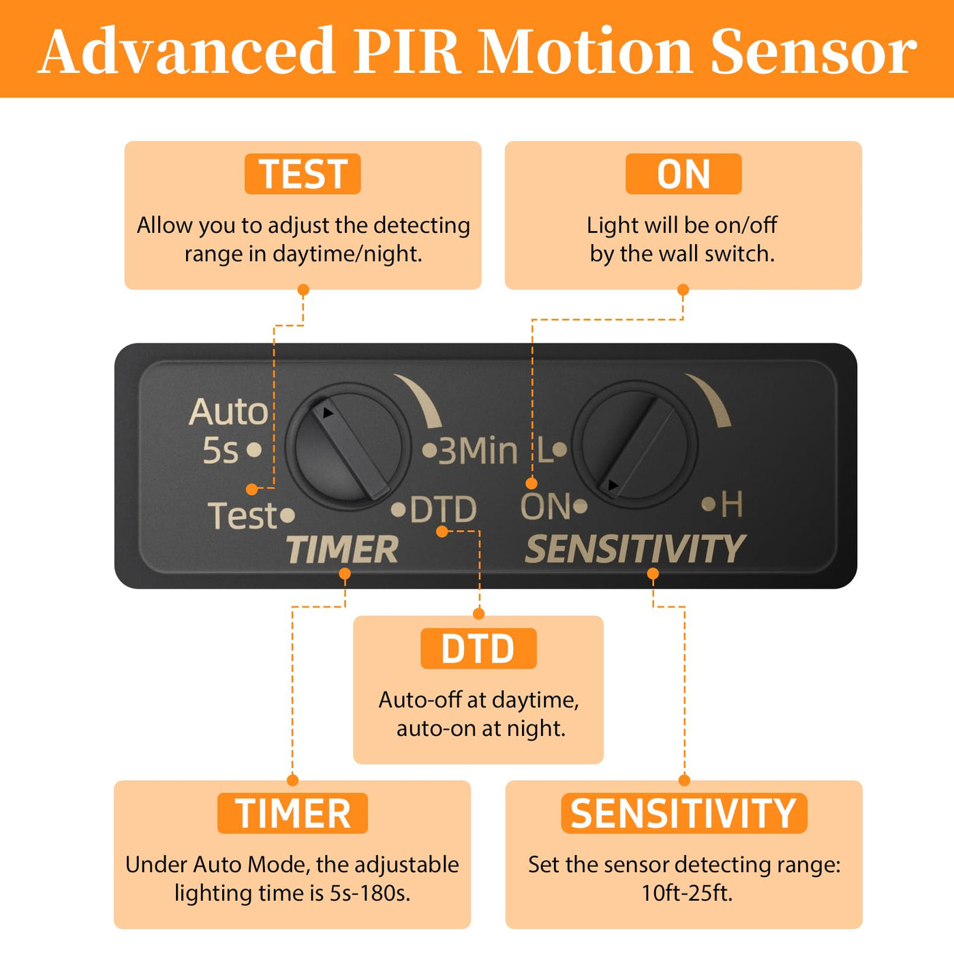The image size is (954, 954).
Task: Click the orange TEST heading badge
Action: click(x=303, y=174)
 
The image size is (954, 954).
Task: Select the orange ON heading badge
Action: click(x=683, y=174)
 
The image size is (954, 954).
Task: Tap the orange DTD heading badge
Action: click(x=478, y=649)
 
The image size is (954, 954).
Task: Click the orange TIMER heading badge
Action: click(x=292, y=814)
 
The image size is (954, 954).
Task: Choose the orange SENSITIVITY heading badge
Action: click(x=683, y=814)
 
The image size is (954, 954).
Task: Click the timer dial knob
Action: click(x=348, y=446)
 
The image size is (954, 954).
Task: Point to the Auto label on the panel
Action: click(x=229, y=412)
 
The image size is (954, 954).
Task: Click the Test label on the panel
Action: click(x=243, y=515)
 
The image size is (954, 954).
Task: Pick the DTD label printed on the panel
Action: click(x=443, y=510)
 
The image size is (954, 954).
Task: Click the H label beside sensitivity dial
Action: click(x=731, y=505)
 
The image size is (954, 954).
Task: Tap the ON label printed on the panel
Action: click(x=545, y=507)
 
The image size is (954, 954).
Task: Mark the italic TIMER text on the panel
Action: click(x=342, y=550)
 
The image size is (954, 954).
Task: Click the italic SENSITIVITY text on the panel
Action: click(x=635, y=549)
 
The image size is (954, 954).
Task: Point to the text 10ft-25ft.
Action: click(x=687, y=893)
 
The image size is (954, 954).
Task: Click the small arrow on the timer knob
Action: click(x=328, y=413)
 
